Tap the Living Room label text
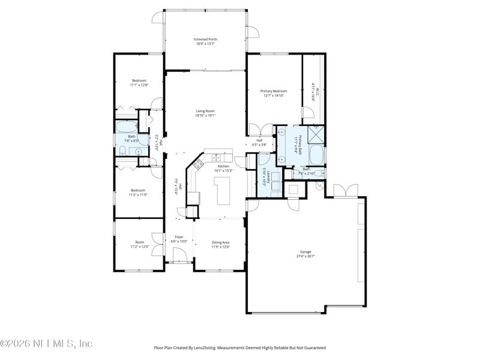click(205, 110)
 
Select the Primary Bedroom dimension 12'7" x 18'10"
click(272, 95)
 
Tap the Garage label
click(306, 251)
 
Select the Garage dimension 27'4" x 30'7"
click(306, 256)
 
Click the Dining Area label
click(220, 242)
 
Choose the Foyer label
click(179, 236)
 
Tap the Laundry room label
click(271, 176)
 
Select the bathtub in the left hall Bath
click(127, 127)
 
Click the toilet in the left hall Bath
click(122, 151)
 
